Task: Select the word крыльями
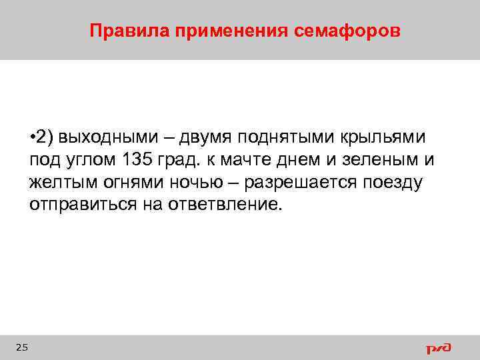[385, 138]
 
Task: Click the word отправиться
[81, 204]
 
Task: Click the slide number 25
[21, 347]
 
